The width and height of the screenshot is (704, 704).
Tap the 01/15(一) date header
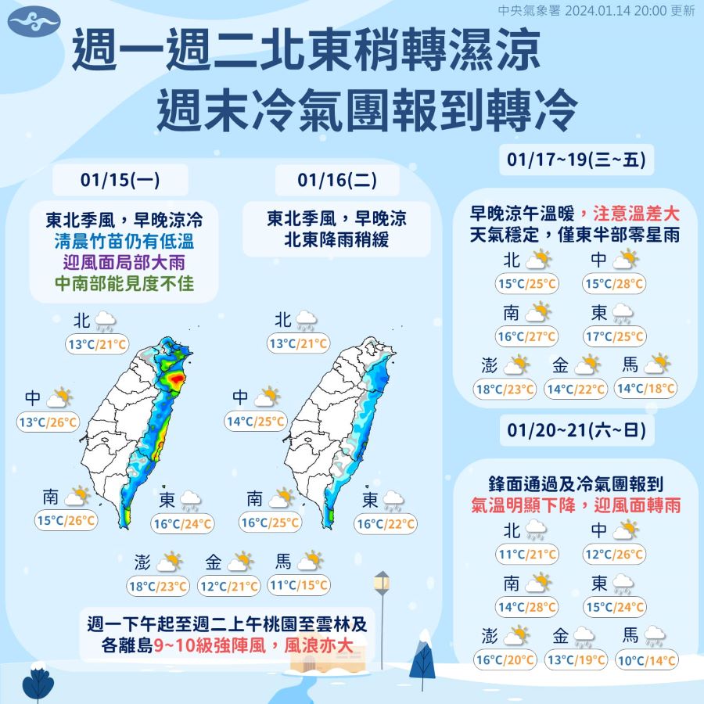[x=120, y=180]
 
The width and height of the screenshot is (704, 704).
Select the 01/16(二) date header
[x=337, y=180]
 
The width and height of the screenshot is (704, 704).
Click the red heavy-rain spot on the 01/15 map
[x=177, y=379]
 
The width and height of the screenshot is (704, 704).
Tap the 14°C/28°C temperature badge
[x=527, y=606]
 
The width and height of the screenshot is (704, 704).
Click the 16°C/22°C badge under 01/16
[x=386, y=524]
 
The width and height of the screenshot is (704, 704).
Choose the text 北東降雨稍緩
[x=337, y=239]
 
